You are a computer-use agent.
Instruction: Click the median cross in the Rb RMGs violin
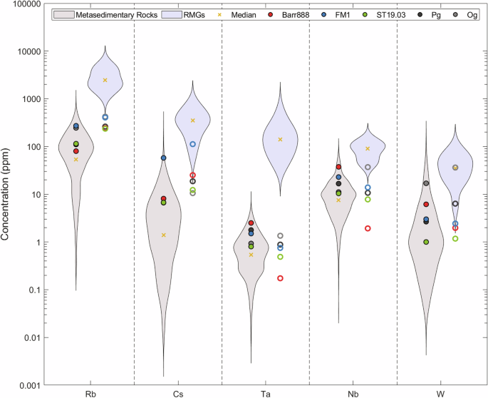pos(105,80)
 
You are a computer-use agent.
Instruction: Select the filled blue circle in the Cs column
pos(163,158)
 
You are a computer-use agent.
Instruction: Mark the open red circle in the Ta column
pos(280,278)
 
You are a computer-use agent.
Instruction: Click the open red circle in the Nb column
pos(368,228)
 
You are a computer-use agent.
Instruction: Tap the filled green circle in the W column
pos(426,242)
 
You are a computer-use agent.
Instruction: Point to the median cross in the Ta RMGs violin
pos(280,139)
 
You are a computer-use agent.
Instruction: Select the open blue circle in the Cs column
pos(192,144)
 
